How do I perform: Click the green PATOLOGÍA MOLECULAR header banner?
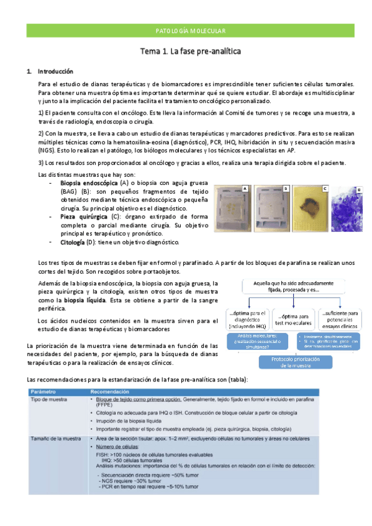[189, 30]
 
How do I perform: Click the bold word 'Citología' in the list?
[73, 242]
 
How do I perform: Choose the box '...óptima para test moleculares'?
[292, 319]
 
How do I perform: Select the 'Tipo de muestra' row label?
[50, 401]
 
